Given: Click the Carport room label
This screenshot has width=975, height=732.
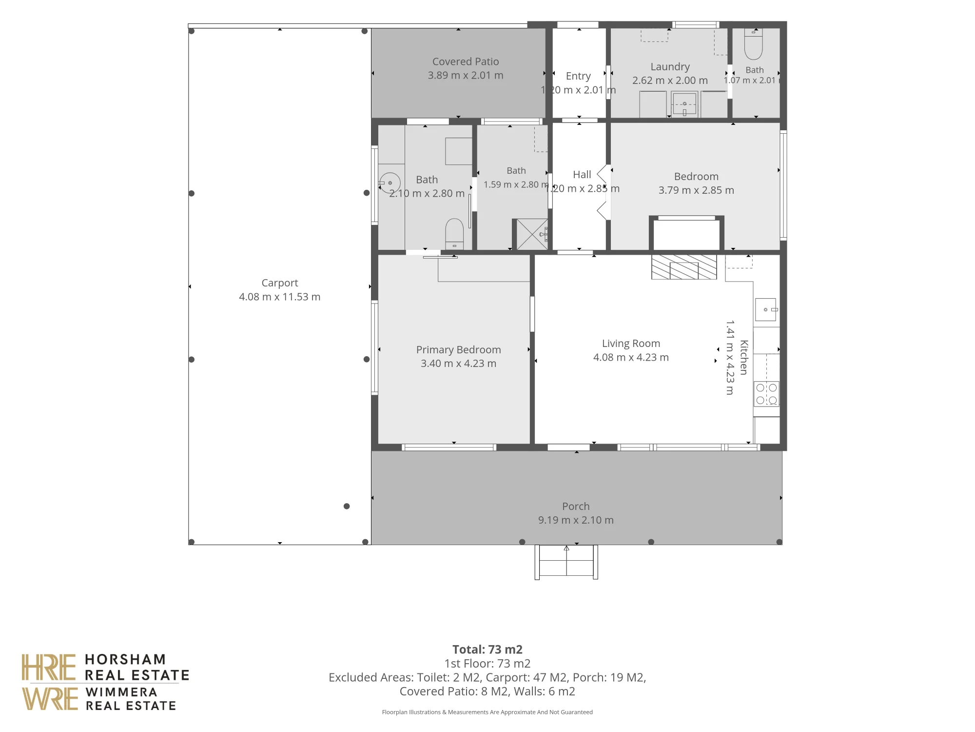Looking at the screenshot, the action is (x=279, y=283).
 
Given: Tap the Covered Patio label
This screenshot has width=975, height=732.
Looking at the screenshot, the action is (x=466, y=61).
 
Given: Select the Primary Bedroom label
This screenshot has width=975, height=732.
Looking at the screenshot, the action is (x=458, y=349).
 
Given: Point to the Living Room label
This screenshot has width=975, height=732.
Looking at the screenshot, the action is (x=631, y=344).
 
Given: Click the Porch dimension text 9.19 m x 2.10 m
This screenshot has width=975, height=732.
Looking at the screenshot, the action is (x=576, y=520).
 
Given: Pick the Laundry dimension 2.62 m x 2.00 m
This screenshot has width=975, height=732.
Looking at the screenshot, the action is (x=670, y=81).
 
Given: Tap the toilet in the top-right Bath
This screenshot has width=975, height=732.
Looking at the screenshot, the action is (x=754, y=44).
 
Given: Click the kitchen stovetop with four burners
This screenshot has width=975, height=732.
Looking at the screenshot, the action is (x=766, y=394).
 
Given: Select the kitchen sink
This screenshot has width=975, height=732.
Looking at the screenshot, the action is (x=766, y=309).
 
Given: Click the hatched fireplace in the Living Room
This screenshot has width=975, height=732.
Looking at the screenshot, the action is (x=684, y=267).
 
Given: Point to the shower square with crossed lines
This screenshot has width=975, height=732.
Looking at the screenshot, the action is (x=532, y=234).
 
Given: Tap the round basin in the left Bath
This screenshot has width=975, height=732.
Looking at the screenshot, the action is (x=390, y=183).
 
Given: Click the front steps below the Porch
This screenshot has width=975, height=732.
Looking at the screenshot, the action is (x=566, y=562).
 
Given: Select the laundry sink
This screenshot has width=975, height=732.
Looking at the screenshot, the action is (x=684, y=103).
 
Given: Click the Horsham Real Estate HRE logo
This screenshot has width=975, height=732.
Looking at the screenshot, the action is (x=105, y=668).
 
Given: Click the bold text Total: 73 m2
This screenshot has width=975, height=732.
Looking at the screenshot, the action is (x=487, y=650).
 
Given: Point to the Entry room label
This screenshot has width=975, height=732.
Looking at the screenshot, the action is (x=578, y=76).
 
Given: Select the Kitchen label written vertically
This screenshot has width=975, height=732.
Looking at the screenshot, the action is (x=744, y=357).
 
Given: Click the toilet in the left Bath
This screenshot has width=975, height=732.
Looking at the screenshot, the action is (x=454, y=234).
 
